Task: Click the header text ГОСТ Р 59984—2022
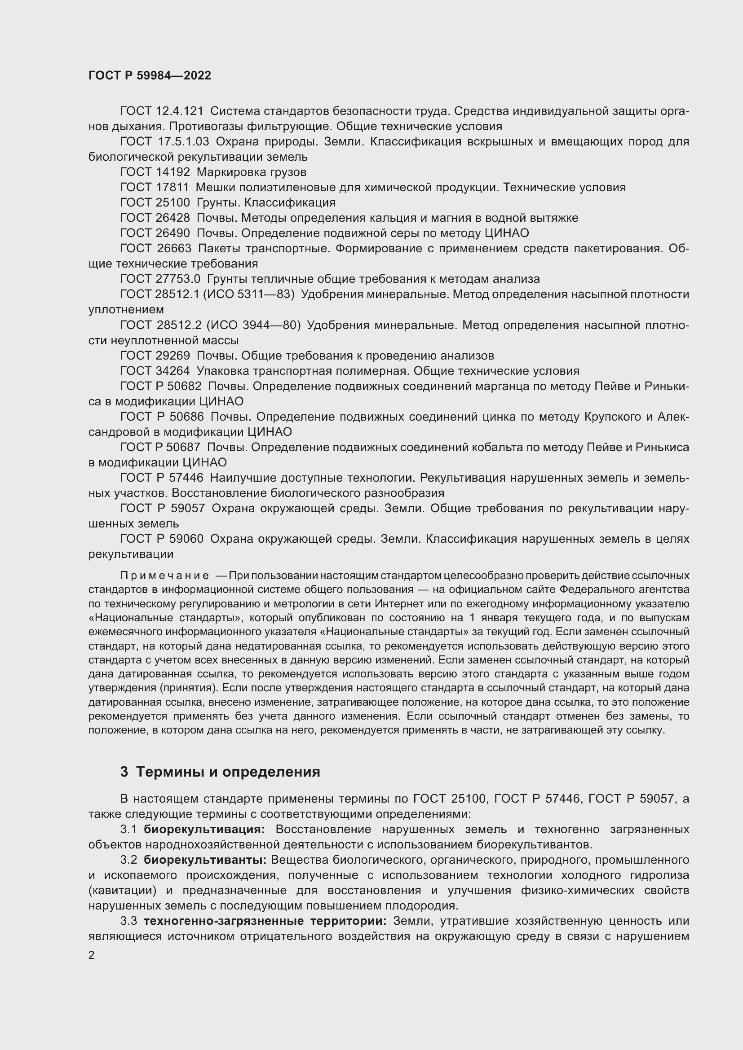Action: pos(150,75)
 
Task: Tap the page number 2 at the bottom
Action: pos(92,955)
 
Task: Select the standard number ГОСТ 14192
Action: pos(155,172)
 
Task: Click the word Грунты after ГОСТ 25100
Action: pos(218,202)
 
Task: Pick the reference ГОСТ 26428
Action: pos(155,218)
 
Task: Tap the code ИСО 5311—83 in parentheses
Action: pos(250,294)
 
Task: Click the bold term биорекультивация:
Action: pos(204,830)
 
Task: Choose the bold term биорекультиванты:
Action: pos(205,860)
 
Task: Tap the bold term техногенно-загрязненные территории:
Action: pos(265,921)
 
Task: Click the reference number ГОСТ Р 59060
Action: pos(162,539)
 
